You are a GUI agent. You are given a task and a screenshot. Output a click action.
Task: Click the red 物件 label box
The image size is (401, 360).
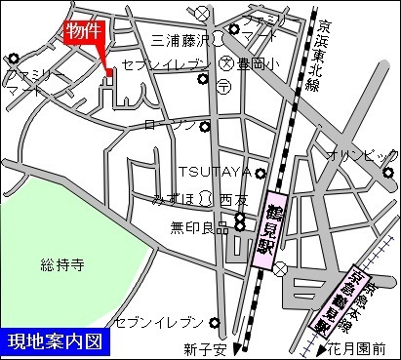click(x=83, y=32)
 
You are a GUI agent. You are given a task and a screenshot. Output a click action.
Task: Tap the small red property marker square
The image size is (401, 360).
click(x=109, y=71)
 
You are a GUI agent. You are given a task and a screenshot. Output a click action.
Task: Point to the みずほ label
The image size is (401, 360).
click(x=175, y=198)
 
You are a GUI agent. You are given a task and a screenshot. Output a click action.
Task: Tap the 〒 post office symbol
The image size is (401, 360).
click(x=221, y=86)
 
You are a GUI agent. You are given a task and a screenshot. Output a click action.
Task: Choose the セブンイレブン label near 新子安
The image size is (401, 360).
click(x=159, y=322)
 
